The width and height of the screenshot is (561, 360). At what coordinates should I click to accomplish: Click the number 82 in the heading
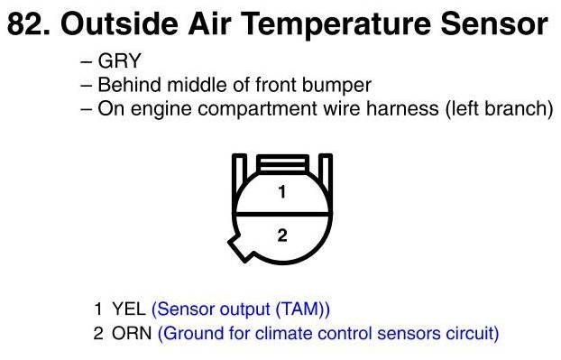[x=27, y=24]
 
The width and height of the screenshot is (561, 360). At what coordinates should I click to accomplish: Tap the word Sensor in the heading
[x=494, y=24]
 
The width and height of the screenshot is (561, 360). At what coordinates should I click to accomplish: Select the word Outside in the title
[x=119, y=24]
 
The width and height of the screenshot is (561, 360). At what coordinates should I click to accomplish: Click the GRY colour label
[x=119, y=60]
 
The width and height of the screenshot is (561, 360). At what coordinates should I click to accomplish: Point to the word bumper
[x=336, y=86]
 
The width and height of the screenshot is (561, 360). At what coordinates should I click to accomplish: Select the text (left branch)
[x=499, y=109]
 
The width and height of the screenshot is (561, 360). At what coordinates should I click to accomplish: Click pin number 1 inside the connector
[x=282, y=192]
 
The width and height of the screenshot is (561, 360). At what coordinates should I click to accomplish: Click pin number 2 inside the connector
[x=282, y=235]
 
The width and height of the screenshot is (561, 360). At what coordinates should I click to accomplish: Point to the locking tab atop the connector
[x=282, y=164]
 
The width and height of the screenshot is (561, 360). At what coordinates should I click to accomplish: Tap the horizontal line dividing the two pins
[x=282, y=215]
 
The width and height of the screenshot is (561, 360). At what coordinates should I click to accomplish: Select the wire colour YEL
[x=129, y=309]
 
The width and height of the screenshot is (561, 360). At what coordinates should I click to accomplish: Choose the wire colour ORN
[x=132, y=333]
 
